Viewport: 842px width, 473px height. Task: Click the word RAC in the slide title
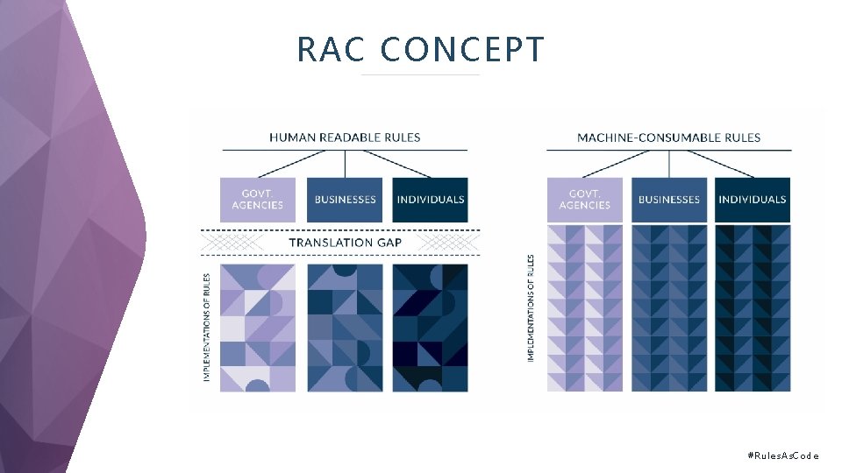(330, 50)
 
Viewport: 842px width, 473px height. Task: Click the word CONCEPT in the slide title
(462, 50)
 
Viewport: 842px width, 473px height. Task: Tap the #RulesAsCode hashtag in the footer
(782, 455)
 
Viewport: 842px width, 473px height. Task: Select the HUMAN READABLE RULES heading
(345, 138)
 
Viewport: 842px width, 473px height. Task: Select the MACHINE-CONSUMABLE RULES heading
(668, 138)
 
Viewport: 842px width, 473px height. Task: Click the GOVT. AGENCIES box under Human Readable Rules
(258, 200)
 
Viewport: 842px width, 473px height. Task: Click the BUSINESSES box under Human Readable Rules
(345, 200)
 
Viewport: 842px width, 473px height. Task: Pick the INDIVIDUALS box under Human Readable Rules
(431, 200)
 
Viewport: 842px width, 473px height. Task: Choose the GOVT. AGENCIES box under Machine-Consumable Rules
(584, 200)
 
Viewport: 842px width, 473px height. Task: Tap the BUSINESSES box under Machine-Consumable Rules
(668, 200)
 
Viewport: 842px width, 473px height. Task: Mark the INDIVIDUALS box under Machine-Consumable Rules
(753, 200)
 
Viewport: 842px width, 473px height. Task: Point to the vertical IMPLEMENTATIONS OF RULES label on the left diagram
(207, 327)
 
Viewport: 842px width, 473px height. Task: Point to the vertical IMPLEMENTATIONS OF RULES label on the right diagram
(532, 308)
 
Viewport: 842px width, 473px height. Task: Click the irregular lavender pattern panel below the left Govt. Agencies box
(258, 327)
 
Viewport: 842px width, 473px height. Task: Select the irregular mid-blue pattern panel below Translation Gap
(345, 327)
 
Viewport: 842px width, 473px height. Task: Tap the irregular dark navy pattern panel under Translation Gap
(431, 327)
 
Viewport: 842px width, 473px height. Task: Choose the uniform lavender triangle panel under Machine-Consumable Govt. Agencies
(584, 308)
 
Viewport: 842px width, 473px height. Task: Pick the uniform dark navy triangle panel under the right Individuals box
(753, 308)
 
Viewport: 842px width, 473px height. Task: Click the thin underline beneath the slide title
(421, 74)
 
